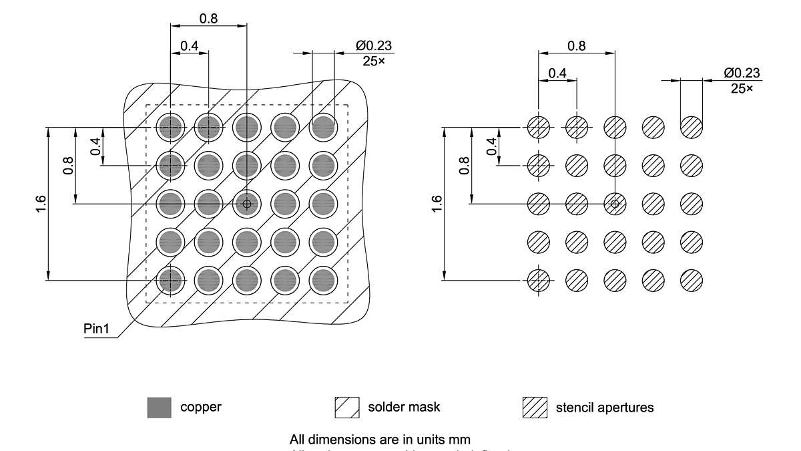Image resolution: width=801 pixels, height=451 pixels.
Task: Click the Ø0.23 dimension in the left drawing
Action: tap(374, 46)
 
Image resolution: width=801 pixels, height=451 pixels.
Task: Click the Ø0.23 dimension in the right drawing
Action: tap(742, 73)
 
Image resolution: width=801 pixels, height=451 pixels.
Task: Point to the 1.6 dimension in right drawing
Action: tap(437, 204)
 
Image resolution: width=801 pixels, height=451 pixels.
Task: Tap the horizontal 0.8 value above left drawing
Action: tap(208, 18)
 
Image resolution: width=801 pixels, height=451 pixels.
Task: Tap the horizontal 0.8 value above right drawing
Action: tap(576, 45)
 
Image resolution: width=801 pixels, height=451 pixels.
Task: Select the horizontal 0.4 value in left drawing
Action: tap(189, 45)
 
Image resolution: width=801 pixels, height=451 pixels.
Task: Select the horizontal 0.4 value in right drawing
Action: tap(557, 73)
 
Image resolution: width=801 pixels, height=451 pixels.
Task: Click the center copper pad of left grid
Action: tap(247, 203)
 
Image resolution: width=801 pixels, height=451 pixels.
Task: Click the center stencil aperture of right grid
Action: tap(615, 202)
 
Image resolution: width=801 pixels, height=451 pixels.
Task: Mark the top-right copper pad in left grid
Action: tap(323, 126)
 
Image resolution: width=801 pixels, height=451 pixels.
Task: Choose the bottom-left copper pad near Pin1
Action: tap(170, 280)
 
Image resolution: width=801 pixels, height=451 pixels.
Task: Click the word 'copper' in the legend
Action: tap(200, 407)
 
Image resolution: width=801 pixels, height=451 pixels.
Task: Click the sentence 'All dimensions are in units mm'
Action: tap(380, 440)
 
